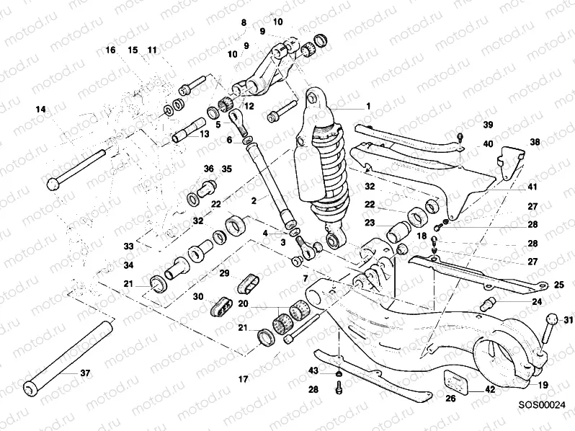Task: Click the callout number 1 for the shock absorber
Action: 367,106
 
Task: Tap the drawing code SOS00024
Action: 541,406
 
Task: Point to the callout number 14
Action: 40,109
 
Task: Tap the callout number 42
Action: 489,389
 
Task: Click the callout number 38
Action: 534,142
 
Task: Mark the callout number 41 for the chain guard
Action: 532,187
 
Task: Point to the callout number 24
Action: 536,302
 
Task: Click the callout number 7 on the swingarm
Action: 305,278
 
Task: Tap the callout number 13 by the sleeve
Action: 204,133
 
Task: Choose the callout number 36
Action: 209,169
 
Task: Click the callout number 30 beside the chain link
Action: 198,297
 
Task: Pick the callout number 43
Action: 313,370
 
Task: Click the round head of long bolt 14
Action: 53,185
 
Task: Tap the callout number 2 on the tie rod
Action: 254,201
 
